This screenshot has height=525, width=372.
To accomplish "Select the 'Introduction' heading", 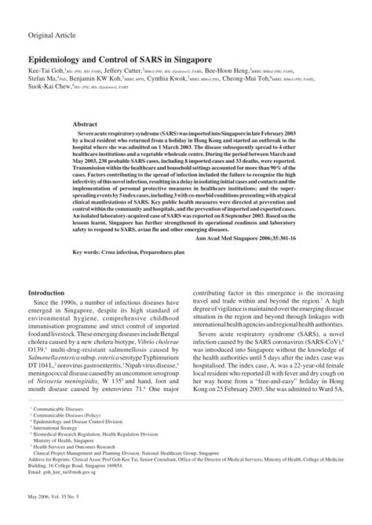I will click(50, 293).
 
